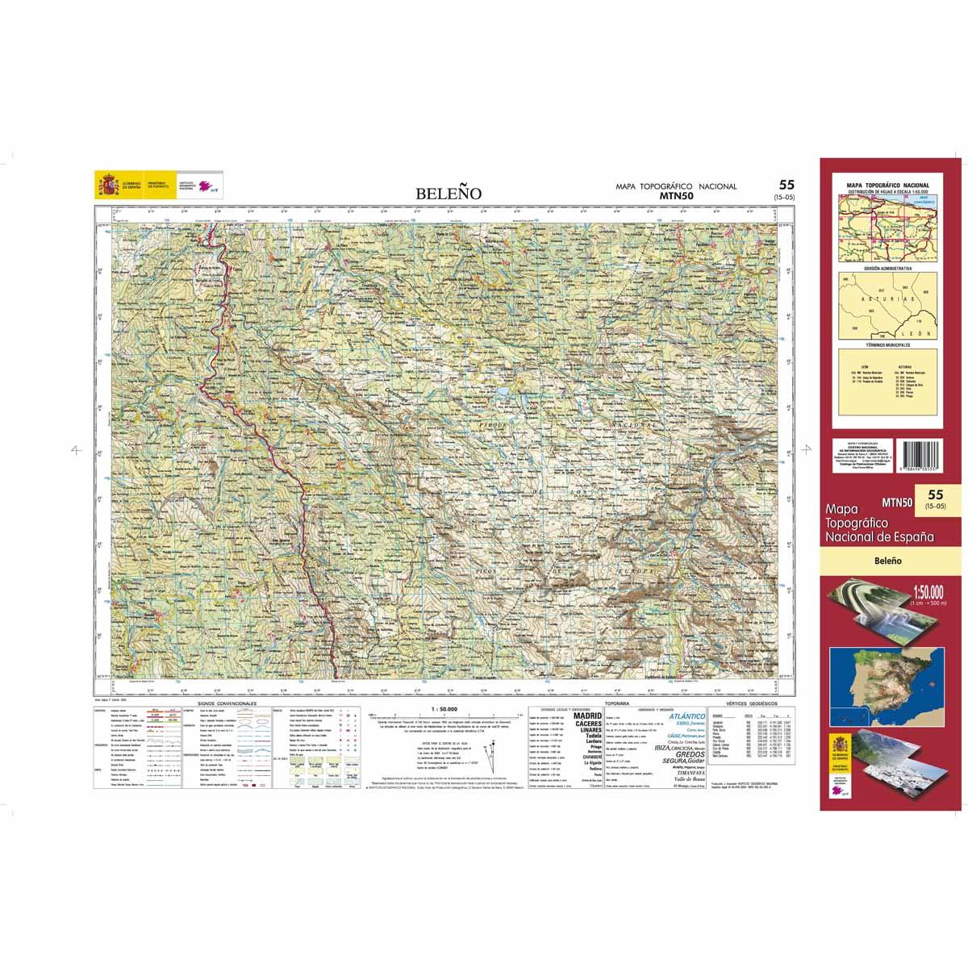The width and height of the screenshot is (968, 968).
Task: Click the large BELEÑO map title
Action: pyautogui.click(x=449, y=194)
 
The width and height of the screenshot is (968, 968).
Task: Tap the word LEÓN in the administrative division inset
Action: pyautogui.click(x=920, y=333)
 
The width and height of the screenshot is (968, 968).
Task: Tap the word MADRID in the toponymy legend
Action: pyautogui.click(x=586, y=716)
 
